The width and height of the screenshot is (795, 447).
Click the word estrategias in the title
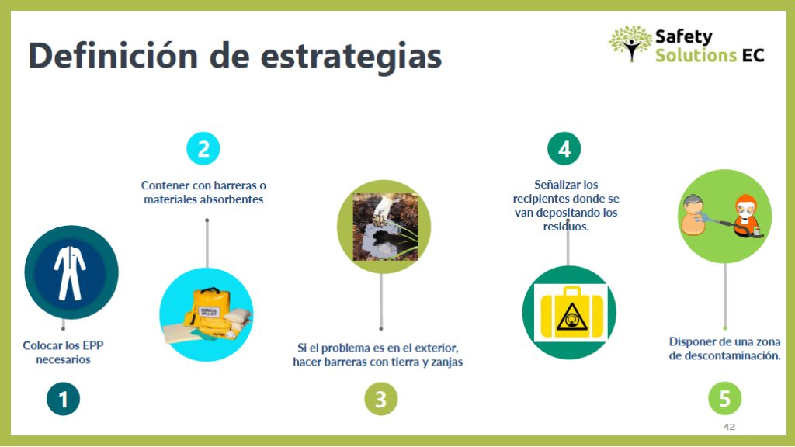[351, 57]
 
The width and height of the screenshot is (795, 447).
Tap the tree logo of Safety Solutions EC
[630, 43]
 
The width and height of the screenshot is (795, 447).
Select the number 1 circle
[64, 399]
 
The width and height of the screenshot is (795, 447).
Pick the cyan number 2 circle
[203, 148]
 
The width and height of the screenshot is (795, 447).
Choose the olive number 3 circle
[380, 399]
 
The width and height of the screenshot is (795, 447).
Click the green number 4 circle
[564, 148]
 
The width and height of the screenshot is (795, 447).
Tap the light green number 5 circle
[724, 398]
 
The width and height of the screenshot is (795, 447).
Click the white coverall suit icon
[70, 272]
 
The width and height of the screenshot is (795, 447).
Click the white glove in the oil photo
[385, 208]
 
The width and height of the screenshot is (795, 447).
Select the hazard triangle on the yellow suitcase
[572, 317]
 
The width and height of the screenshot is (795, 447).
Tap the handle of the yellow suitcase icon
[572, 292]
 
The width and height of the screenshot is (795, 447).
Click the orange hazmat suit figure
[746, 216]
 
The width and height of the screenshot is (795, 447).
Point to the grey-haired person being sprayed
[693, 215]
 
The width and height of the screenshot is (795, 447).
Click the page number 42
[729, 427]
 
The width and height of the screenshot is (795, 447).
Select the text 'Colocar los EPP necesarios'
[64, 352]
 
